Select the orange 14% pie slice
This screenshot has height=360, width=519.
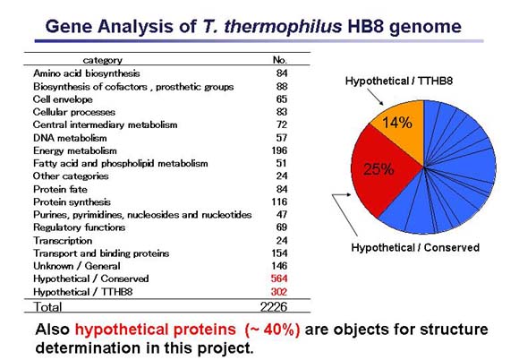[x=399, y=125]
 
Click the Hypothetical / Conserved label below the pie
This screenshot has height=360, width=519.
[x=414, y=247]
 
